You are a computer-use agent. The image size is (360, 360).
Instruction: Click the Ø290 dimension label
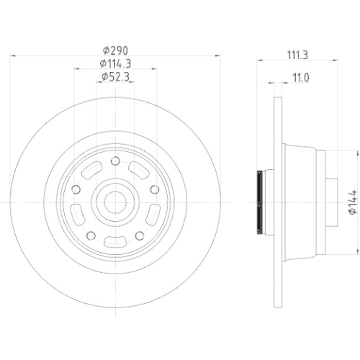(115, 52)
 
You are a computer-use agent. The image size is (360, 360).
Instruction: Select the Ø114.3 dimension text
(115, 64)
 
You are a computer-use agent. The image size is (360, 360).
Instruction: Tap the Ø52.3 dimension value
(115, 76)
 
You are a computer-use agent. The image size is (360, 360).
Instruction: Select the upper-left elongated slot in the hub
(92, 170)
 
